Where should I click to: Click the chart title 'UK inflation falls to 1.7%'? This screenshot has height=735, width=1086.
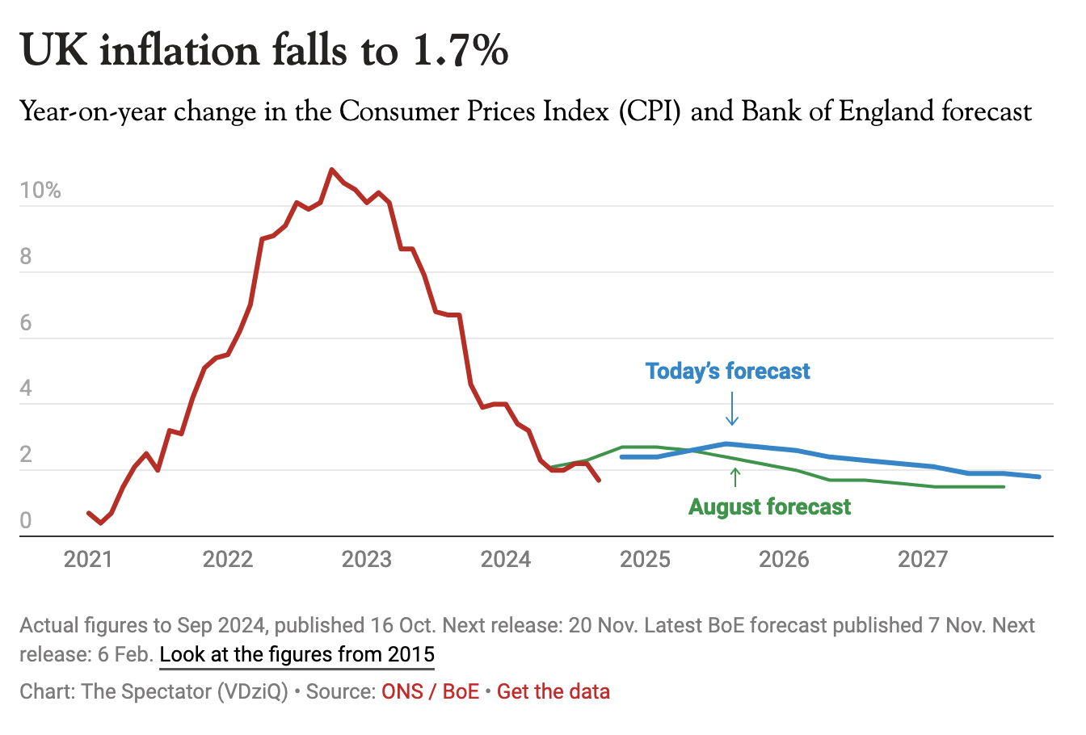(x=264, y=50)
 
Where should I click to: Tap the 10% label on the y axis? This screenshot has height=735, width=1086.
(x=40, y=191)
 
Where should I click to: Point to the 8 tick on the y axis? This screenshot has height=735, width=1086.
(x=26, y=257)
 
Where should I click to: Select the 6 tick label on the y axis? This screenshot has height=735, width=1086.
(x=26, y=323)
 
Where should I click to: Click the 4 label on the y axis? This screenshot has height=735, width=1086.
(x=26, y=388)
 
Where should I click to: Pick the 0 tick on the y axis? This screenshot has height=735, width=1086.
(x=26, y=521)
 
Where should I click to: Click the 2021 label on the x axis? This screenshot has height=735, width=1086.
(x=88, y=559)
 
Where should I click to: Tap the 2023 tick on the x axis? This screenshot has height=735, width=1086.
(x=366, y=559)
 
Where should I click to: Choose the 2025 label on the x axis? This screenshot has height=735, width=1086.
(x=645, y=559)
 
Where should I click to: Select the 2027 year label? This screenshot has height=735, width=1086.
(x=923, y=559)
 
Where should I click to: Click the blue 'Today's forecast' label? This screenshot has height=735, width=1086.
(x=727, y=372)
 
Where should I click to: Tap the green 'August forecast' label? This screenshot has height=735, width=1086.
(x=769, y=507)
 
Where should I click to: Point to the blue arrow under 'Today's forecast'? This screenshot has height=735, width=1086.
(x=732, y=409)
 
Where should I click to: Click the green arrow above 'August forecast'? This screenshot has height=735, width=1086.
(x=735, y=477)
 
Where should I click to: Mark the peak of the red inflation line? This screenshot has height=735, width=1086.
(x=331, y=170)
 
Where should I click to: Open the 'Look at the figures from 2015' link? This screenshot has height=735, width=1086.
(x=297, y=654)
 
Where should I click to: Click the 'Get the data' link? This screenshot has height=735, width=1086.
(x=554, y=692)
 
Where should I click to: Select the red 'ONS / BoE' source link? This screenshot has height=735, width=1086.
(x=430, y=692)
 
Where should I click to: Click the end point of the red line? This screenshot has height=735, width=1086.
(x=598, y=481)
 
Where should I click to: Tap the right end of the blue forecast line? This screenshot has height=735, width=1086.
(x=1039, y=477)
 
